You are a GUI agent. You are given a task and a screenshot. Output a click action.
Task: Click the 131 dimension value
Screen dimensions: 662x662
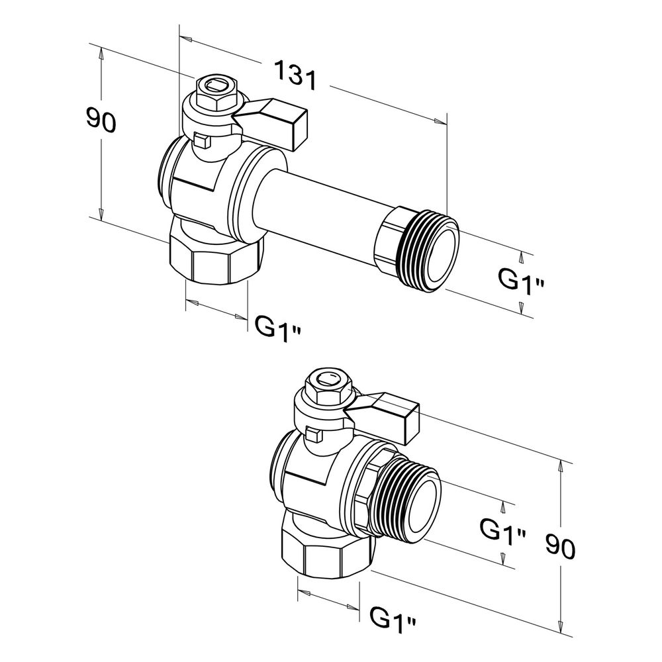(x=295, y=75)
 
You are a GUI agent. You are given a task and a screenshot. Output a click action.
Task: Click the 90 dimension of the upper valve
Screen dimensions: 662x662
(x=101, y=119)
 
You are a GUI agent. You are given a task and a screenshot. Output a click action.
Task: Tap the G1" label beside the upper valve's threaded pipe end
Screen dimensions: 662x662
(x=521, y=280)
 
